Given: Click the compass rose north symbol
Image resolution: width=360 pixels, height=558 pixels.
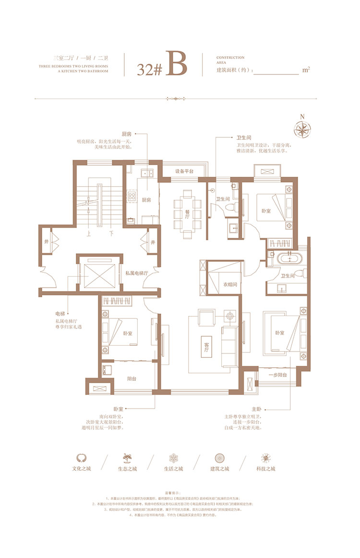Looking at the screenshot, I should (302, 128).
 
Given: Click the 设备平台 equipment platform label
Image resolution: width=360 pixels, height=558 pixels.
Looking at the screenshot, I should (184, 171).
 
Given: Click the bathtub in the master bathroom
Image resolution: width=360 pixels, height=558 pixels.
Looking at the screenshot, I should (289, 259).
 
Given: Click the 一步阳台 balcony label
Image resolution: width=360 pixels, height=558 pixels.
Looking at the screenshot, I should (277, 375).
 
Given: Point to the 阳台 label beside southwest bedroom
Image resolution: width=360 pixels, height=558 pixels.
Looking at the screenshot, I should (132, 378).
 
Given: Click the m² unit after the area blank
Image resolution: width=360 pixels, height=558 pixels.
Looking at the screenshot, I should (306, 70).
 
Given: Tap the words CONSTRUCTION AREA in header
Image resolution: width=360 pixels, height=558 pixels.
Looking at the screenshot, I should (230, 60).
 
